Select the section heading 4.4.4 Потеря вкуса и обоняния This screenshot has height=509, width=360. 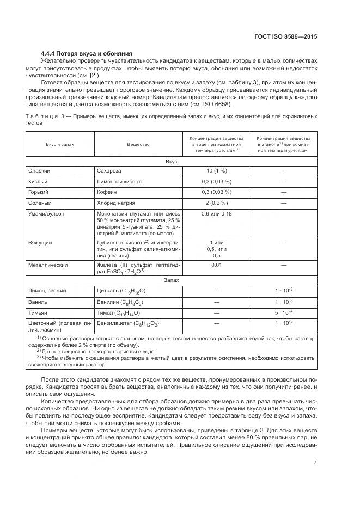86,53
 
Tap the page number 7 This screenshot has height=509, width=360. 315,463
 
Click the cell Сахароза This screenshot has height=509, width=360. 111,171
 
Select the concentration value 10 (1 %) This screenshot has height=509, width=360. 216,171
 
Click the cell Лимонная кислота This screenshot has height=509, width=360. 120,181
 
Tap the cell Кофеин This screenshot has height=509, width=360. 107,192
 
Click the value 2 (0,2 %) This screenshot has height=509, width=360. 216,203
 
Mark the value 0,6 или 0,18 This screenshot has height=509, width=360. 216,214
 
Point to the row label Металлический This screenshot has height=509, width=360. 48,265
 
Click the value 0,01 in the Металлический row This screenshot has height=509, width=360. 216,265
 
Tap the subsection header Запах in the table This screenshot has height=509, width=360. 172,280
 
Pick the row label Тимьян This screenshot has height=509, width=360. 38,314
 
